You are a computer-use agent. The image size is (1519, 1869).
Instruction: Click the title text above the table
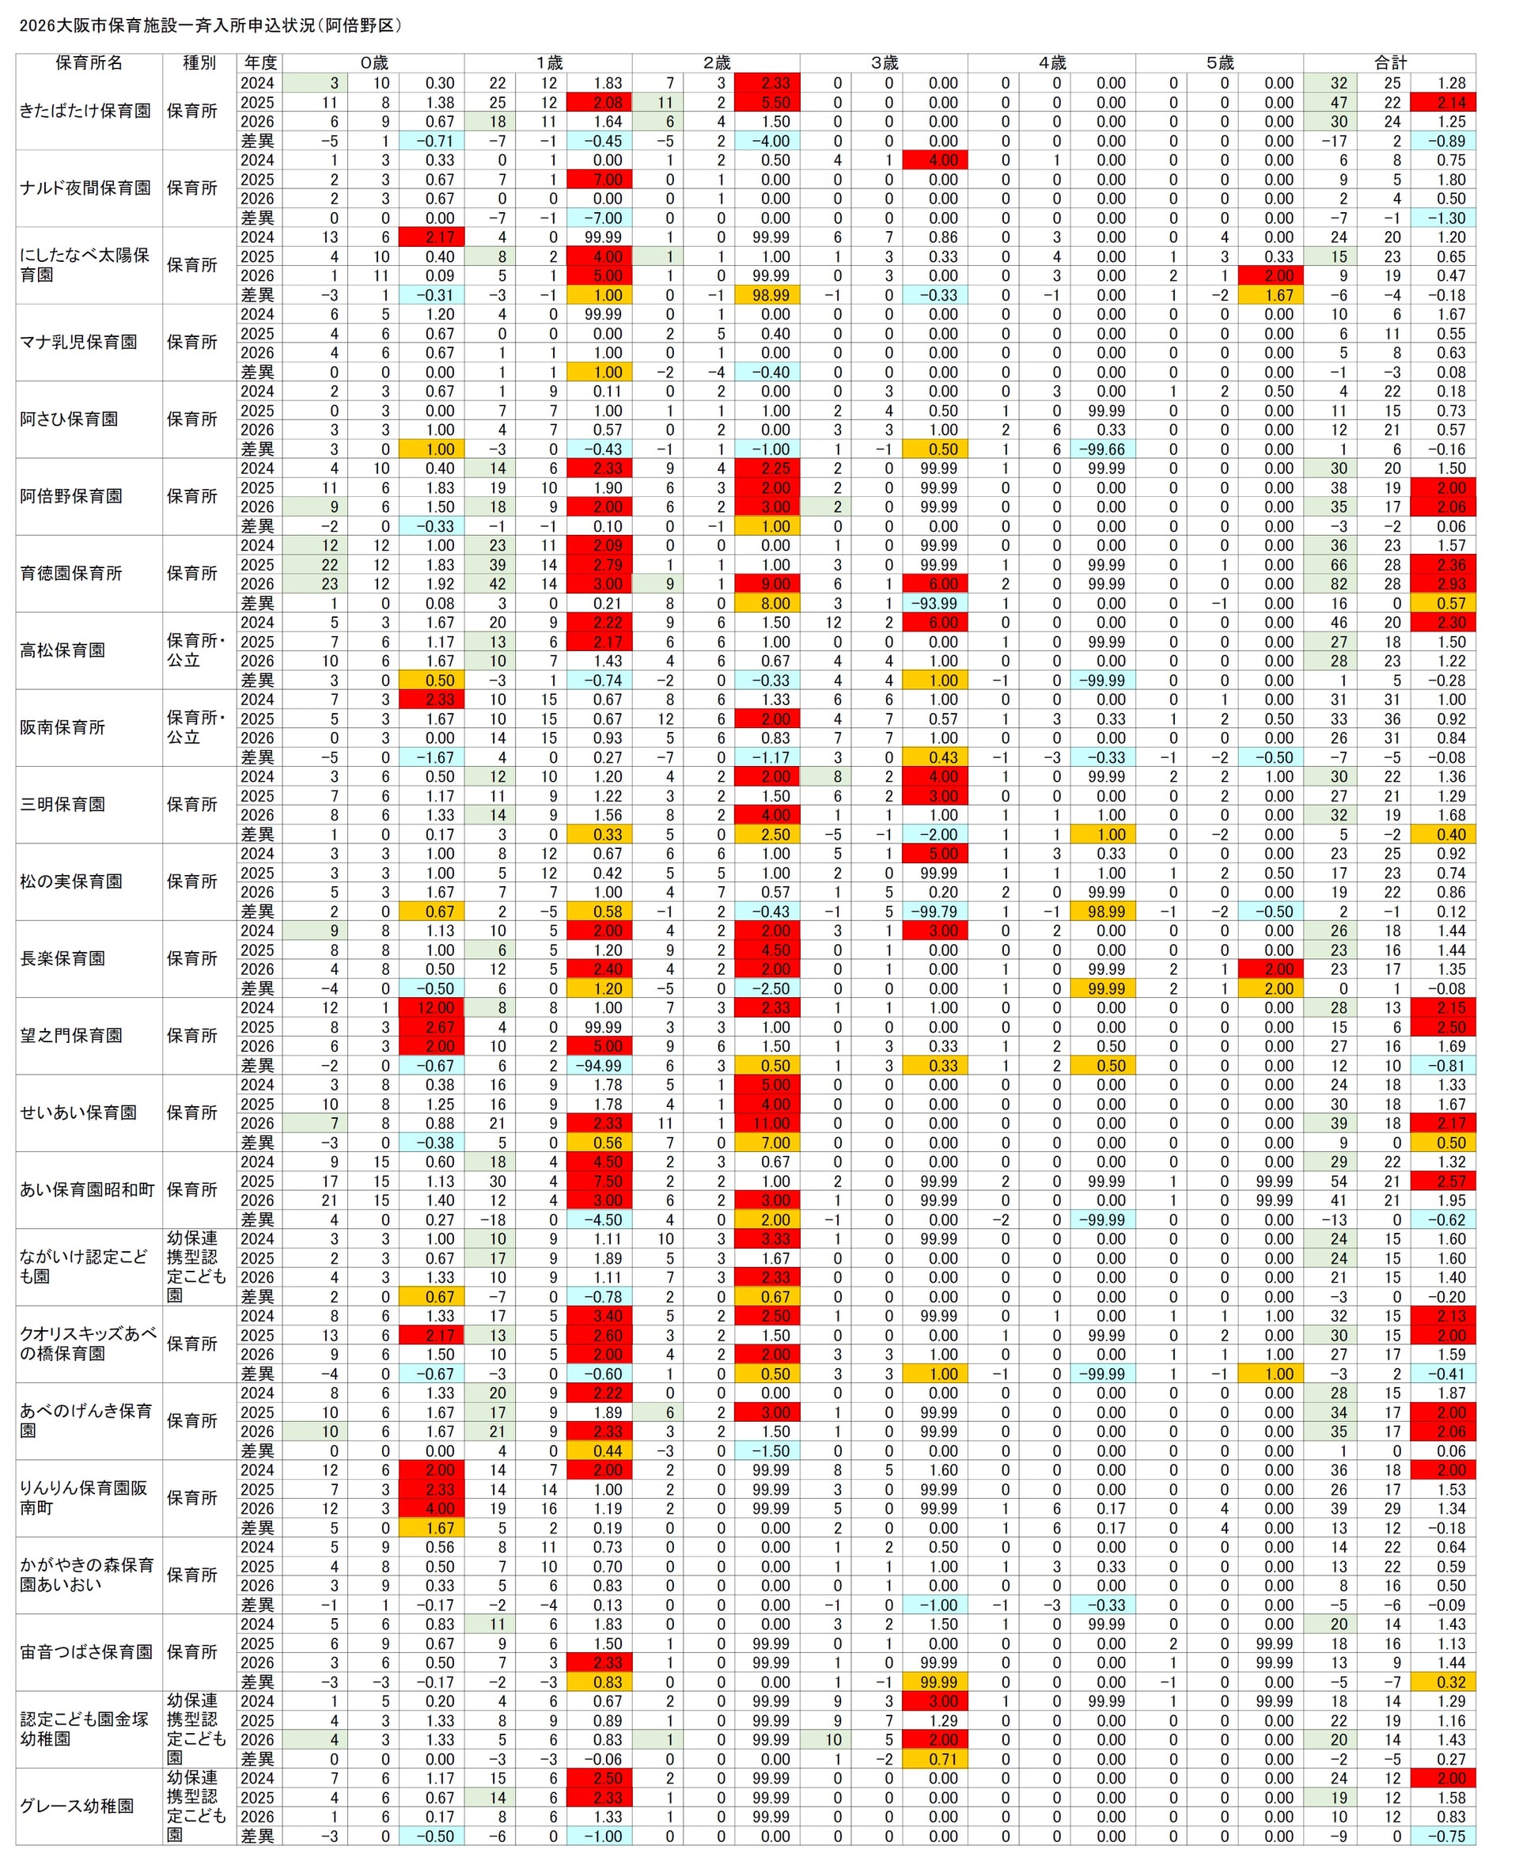pyautogui.click(x=210, y=25)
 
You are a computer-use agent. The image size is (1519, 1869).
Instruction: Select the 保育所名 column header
pyautogui.click(x=89, y=63)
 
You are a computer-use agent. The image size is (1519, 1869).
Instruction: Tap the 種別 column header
pyautogui.click(x=199, y=63)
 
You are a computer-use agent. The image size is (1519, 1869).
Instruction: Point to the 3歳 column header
pyautogui.click(x=884, y=63)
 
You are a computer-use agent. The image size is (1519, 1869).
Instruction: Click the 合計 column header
pyautogui.click(x=1388, y=63)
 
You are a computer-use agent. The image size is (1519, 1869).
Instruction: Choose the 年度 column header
pyautogui.click(x=259, y=63)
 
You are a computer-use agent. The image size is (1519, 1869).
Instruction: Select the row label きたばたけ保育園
pyautogui.click(x=85, y=111)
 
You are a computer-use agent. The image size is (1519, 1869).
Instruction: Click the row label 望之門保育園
pyautogui.click(x=72, y=1035)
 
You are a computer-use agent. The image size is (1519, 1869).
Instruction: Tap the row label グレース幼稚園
pyautogui.click(x=77, y=1805)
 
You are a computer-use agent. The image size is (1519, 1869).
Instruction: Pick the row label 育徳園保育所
pyautogui.click(x=72, y=573)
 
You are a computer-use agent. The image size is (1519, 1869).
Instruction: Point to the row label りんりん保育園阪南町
pyautogui.click(x=84, y=1497)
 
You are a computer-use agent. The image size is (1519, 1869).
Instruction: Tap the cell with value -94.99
pyautogui.click(x=600, y=1065)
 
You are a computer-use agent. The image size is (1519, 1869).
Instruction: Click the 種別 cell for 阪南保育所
pyautogui.click(x=197, y=727)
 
